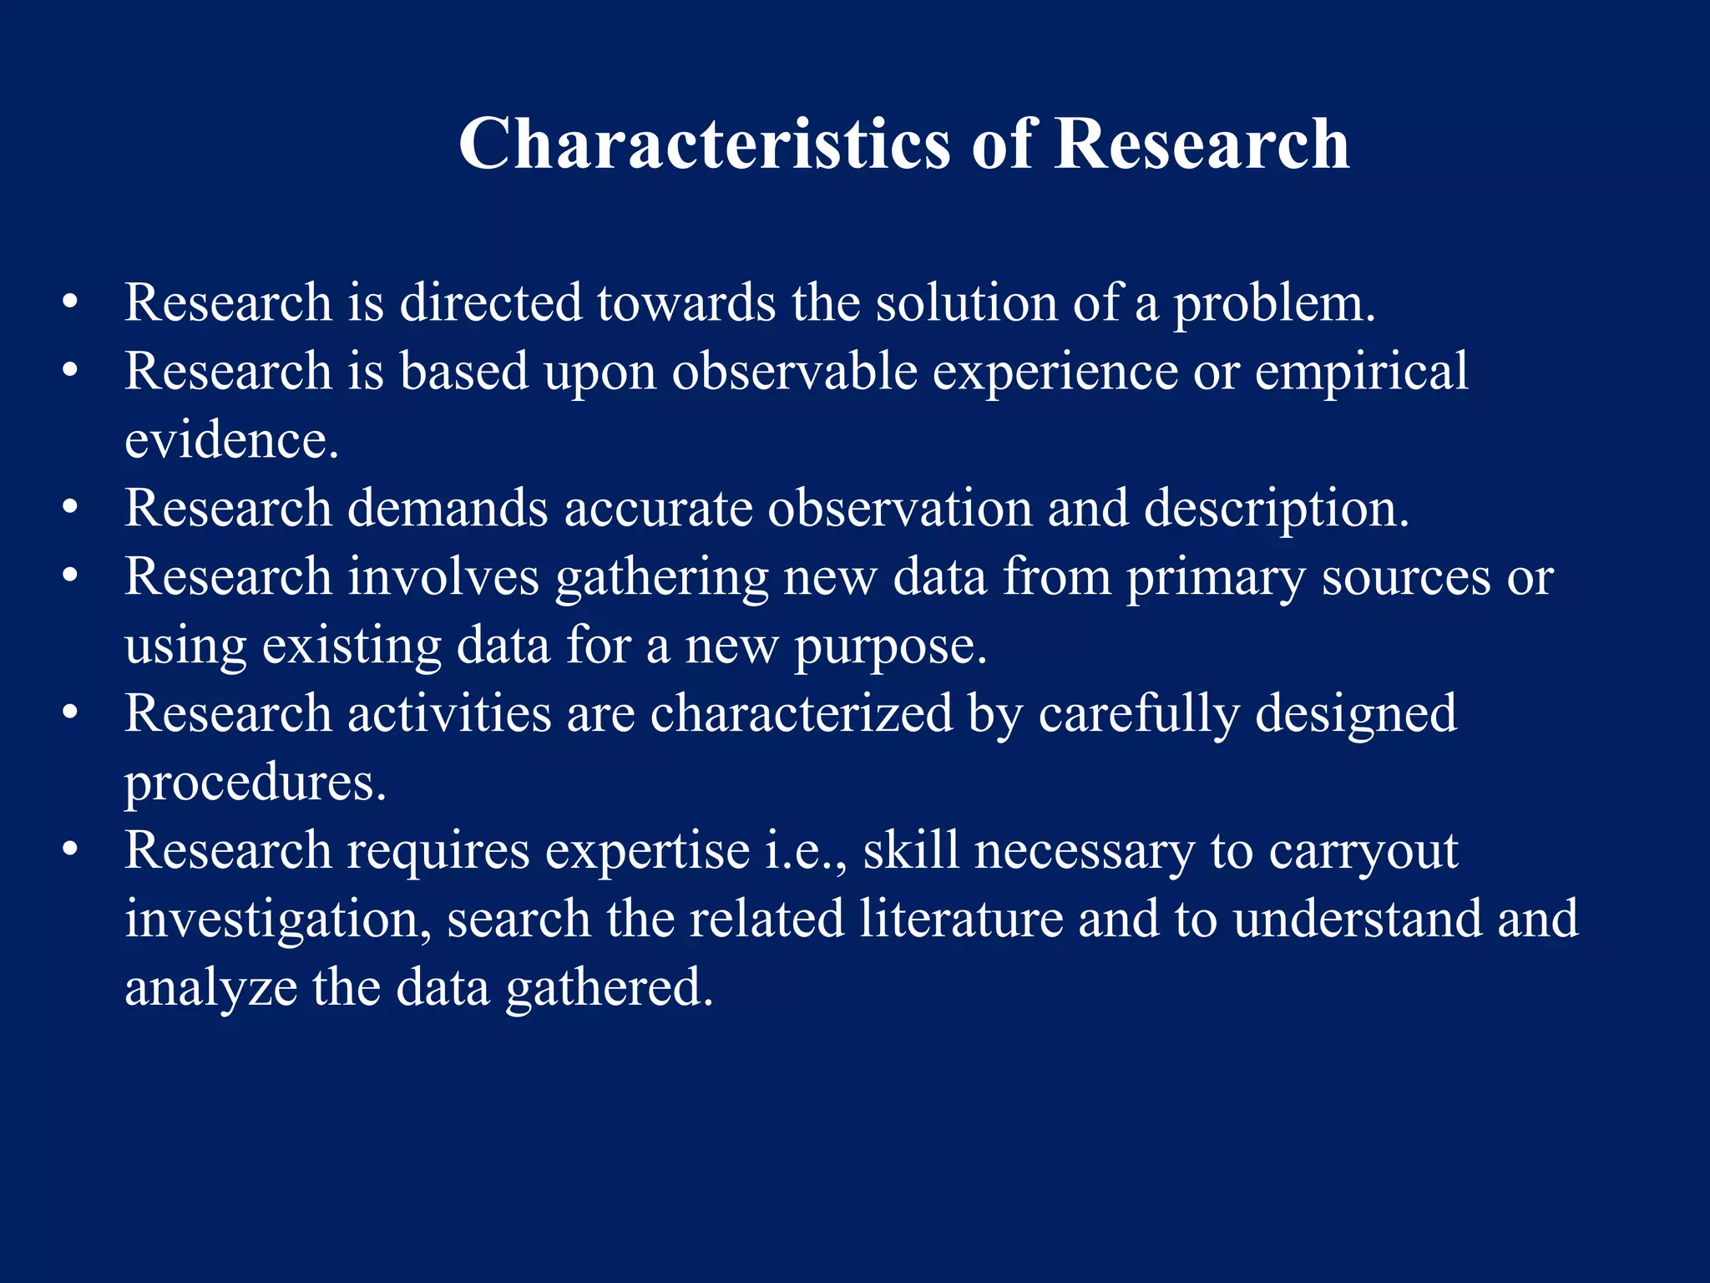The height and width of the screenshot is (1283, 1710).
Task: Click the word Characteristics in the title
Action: click(x=704, y=144)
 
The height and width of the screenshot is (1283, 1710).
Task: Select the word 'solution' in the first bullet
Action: click(x=966, y=302)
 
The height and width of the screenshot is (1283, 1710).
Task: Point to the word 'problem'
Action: click(x=1274, y=304)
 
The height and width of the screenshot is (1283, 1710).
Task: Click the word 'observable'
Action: click(x=795, y=371)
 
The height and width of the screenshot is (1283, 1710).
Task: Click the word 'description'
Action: click(x=1276, y=510)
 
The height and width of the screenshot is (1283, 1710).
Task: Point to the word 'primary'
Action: click(x=1217, y=578)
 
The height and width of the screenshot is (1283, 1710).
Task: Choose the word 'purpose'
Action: click(x=890, y=647)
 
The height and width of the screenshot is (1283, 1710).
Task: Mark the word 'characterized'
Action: click(x=802, y=713)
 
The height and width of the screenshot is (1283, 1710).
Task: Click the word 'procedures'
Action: click(x=255, y=783)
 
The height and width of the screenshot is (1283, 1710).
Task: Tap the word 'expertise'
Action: click(x=648, y=852)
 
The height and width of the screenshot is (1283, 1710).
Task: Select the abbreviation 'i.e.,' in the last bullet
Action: click(x=807, y=852)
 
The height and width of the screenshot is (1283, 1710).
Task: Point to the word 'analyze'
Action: click(x=210, y=989)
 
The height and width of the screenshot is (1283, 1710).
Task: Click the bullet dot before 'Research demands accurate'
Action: click(x=70, y=508)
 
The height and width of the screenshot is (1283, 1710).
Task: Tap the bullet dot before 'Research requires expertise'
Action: click(x=70, y=850)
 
